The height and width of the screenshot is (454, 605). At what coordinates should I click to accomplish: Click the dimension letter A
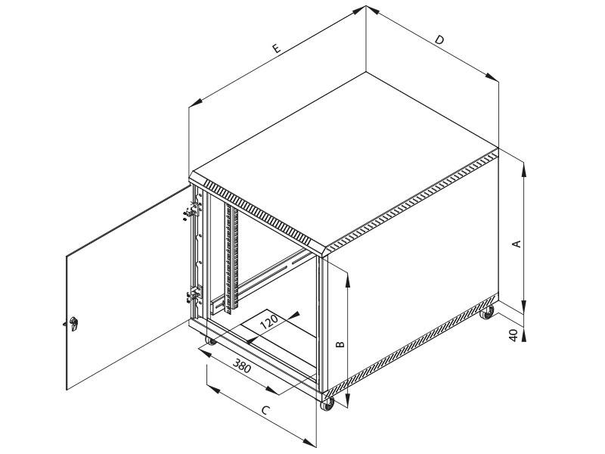pyautogui.click(x=517, y=244)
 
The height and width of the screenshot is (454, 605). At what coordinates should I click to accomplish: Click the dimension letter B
pyautogui.click(x=340, y=344)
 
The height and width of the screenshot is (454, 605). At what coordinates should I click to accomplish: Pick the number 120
pyautogui.click(x=269, y=321)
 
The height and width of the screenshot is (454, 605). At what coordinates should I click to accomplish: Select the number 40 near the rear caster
pyautogui.click(x=513, y=335)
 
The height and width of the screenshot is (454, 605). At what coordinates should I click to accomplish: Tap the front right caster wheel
pyautogui.click(x=328, y=405)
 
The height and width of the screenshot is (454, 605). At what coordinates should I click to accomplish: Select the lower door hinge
pyautogui.click(x=191, y=294)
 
